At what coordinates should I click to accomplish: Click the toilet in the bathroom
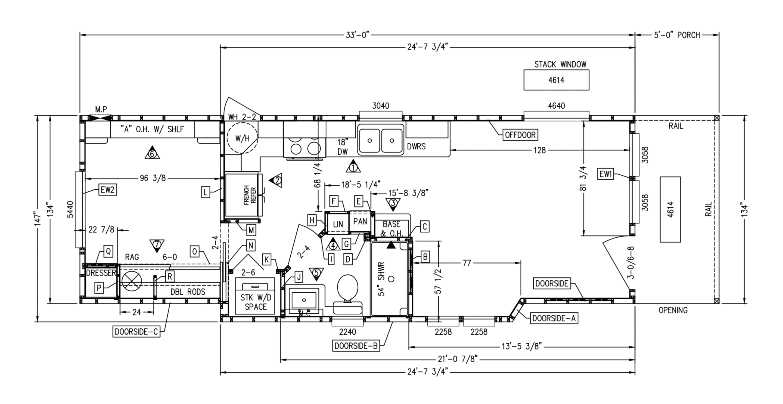(x=348, y=294)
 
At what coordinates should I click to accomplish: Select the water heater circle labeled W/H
(x=242, y=138)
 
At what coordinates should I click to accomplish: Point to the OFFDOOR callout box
(x=520, y=135)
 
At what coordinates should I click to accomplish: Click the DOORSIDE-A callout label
(x=554, y=319)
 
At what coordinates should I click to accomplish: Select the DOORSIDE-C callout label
(x=136, y=332)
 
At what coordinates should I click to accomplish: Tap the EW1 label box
(x=605, y=174)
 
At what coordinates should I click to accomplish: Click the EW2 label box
(x=108, y=190)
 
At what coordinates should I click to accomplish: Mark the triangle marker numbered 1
(x=353, y=167)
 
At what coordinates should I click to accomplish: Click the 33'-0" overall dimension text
(x=358, y=35)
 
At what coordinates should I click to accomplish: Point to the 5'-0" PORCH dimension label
(x=677, y=35)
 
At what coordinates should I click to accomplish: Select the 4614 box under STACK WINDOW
(x=556, y=80)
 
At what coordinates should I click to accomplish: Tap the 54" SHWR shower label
(x=382, y=279)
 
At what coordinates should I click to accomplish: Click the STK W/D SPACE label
(x=256, y=302)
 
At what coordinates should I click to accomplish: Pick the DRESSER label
(x=101, y=273)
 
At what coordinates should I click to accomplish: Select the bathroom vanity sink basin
(x=304, y=300)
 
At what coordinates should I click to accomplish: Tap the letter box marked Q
(x=108, y=252)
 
